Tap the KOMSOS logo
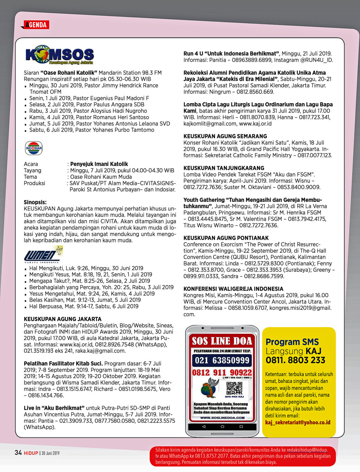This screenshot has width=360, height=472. pos(60,55)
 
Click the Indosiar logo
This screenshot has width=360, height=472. pos(34,148)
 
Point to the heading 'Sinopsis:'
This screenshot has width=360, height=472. pos(35,202)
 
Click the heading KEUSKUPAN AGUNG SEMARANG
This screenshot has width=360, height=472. pos(225,136)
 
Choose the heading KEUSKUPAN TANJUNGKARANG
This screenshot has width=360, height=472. pos(223,168)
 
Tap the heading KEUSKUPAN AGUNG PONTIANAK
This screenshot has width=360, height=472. pos(226,238)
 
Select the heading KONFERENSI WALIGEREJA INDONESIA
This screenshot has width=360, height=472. pos(233,289)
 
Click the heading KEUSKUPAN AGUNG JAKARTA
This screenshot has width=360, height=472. pos(62,319)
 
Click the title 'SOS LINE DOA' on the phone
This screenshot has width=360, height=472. pos(222,341)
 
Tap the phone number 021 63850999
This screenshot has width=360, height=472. pos(222,360)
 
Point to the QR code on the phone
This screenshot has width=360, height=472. pos(234,388)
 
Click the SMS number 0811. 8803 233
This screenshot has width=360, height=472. pos(295,360)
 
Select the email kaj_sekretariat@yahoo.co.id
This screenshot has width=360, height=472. pos(298,422)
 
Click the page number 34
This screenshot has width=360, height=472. pos(18,453)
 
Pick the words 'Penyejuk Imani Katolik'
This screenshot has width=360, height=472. pos(99,164)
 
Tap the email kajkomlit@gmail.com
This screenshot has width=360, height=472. pos(210,123)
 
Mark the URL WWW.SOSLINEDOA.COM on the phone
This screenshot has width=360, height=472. pos(222,417)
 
